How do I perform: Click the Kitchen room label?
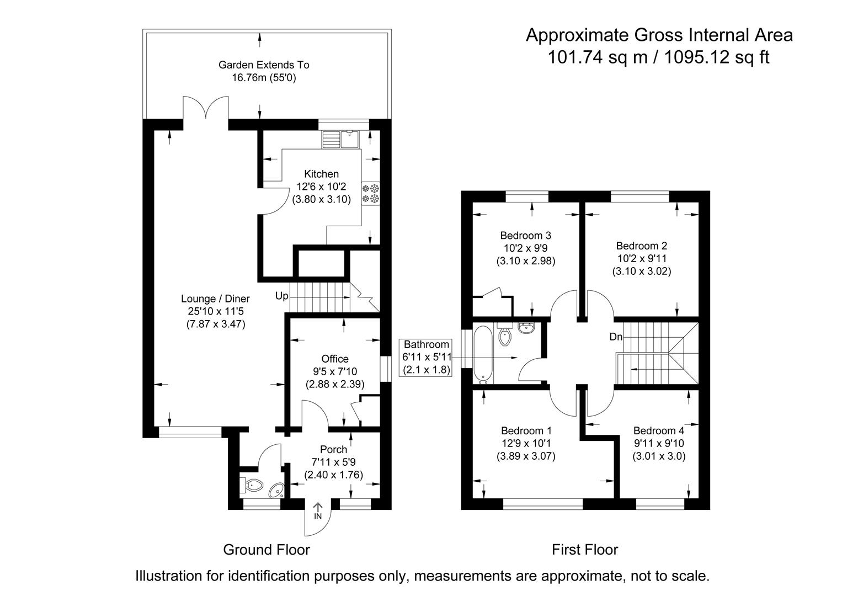321,174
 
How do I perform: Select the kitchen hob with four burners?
370,193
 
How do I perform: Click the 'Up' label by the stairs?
281,296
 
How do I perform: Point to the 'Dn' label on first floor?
616,337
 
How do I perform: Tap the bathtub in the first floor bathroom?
483,354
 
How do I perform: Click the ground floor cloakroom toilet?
252,486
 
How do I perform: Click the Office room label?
335,359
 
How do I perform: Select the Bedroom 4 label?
658,430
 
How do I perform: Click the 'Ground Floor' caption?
266,550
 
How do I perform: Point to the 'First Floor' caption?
585,550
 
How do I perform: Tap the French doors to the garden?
205,109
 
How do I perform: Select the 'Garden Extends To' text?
264,65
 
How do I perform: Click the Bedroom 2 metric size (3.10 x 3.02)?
641,272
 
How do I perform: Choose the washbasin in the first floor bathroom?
526,328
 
